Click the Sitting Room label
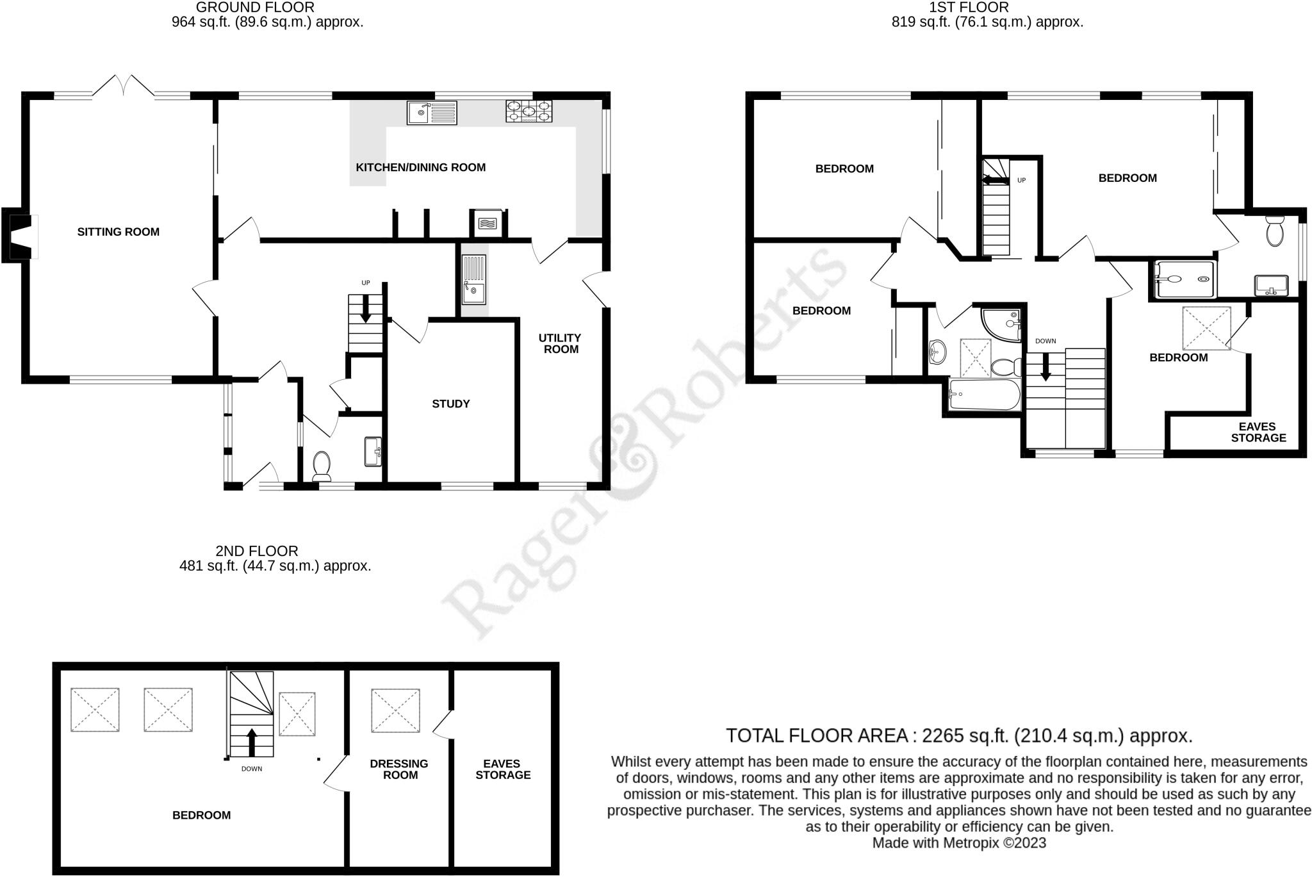119,232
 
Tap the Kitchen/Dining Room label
420,168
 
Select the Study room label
450,404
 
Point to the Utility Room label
560,343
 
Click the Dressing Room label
399,769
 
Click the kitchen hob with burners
529,111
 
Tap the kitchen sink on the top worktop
431,113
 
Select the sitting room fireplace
20,236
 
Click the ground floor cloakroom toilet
322,466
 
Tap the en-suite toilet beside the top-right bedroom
1275,231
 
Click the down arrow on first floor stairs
1045,369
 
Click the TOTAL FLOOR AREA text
958,735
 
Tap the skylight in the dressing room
395,710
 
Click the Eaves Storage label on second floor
503,769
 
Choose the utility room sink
474,280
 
